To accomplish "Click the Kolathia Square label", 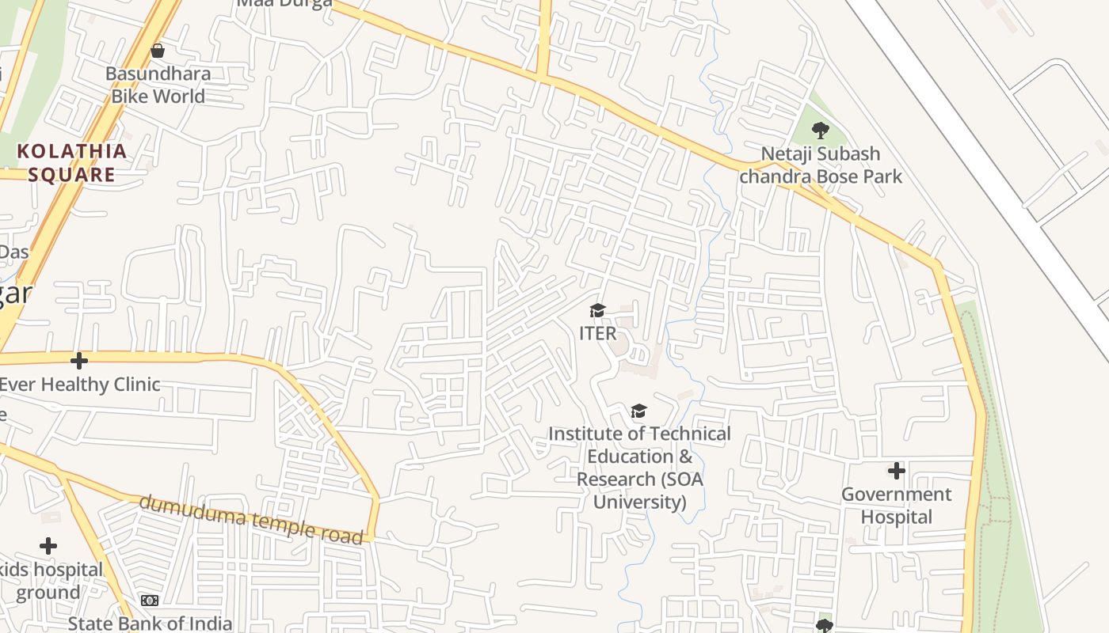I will point(71,162).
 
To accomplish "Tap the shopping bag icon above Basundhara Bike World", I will point(158,51).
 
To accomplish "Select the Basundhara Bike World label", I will point(158,85).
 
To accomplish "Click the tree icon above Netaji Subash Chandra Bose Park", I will point(821,130).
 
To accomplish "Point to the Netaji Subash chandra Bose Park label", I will point(820,165).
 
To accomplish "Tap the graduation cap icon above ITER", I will point(597,310).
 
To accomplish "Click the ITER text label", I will point(597,333).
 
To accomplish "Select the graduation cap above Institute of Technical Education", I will point(638,411).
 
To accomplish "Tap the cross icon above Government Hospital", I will point(896,471).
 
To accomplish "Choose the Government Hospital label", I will point(896,505).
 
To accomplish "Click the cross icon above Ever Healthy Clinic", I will point(78,361).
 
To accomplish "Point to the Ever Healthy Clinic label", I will point(79,385).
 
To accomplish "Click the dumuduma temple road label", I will point(250,519).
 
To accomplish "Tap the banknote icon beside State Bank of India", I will point(150,601).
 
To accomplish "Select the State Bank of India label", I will point(150,624).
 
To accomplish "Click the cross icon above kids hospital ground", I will point(48,546).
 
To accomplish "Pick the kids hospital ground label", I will point(49,581).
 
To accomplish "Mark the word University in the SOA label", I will point(639,502).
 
